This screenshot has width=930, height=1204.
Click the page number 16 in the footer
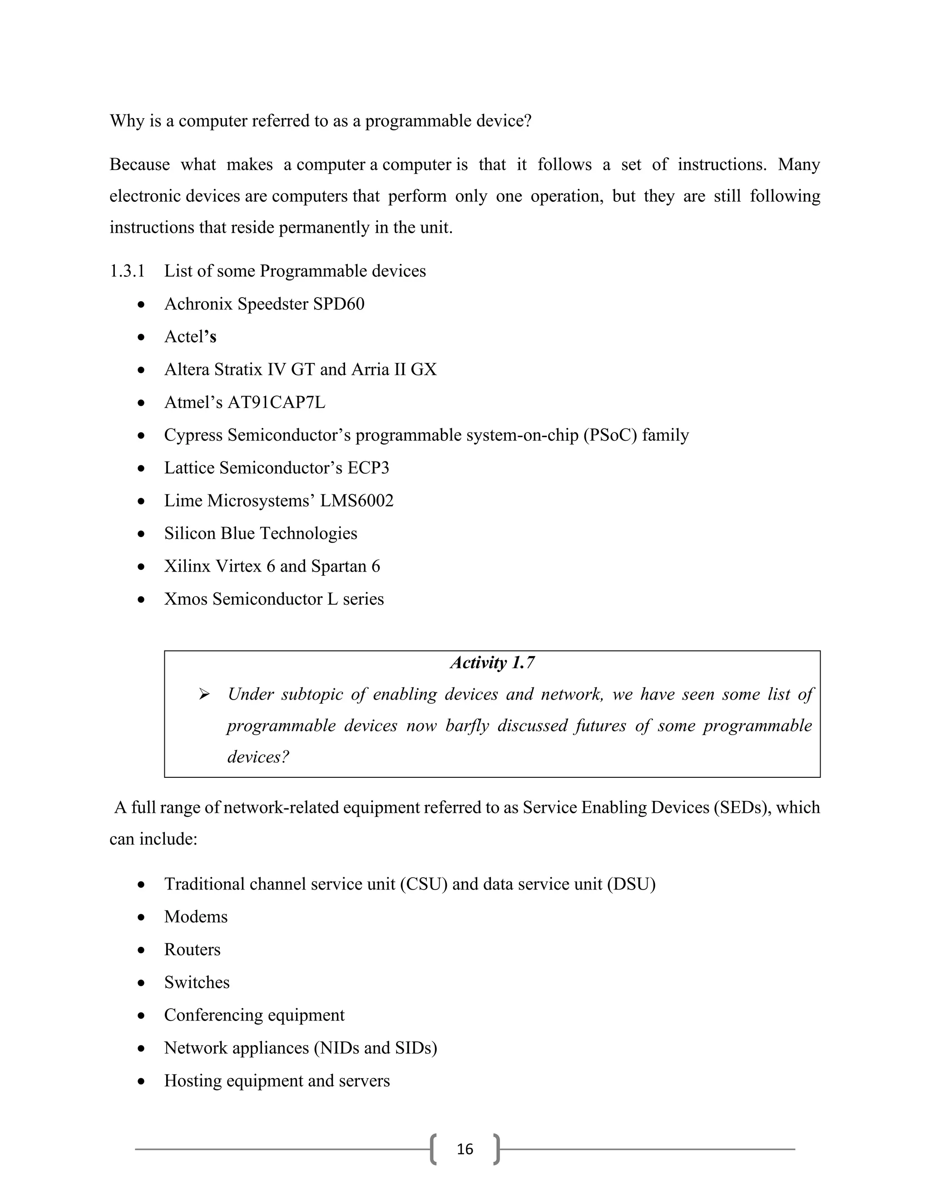point(465,1148)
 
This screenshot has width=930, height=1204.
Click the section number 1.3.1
point(127,271)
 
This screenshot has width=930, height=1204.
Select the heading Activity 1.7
point(492,662)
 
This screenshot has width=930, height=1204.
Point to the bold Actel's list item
point(190,336)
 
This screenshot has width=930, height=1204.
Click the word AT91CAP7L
point(277,402)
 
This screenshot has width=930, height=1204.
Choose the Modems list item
point(196,916)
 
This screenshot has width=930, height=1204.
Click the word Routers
point(192,949)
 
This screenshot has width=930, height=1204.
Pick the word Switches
point(197,982)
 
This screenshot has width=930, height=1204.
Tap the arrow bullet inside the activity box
point(204,695)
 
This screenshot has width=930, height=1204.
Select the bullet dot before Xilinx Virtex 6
point(142,566)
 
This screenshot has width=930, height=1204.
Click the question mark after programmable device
point(528,121)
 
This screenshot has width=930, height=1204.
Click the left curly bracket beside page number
point(434,1149)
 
